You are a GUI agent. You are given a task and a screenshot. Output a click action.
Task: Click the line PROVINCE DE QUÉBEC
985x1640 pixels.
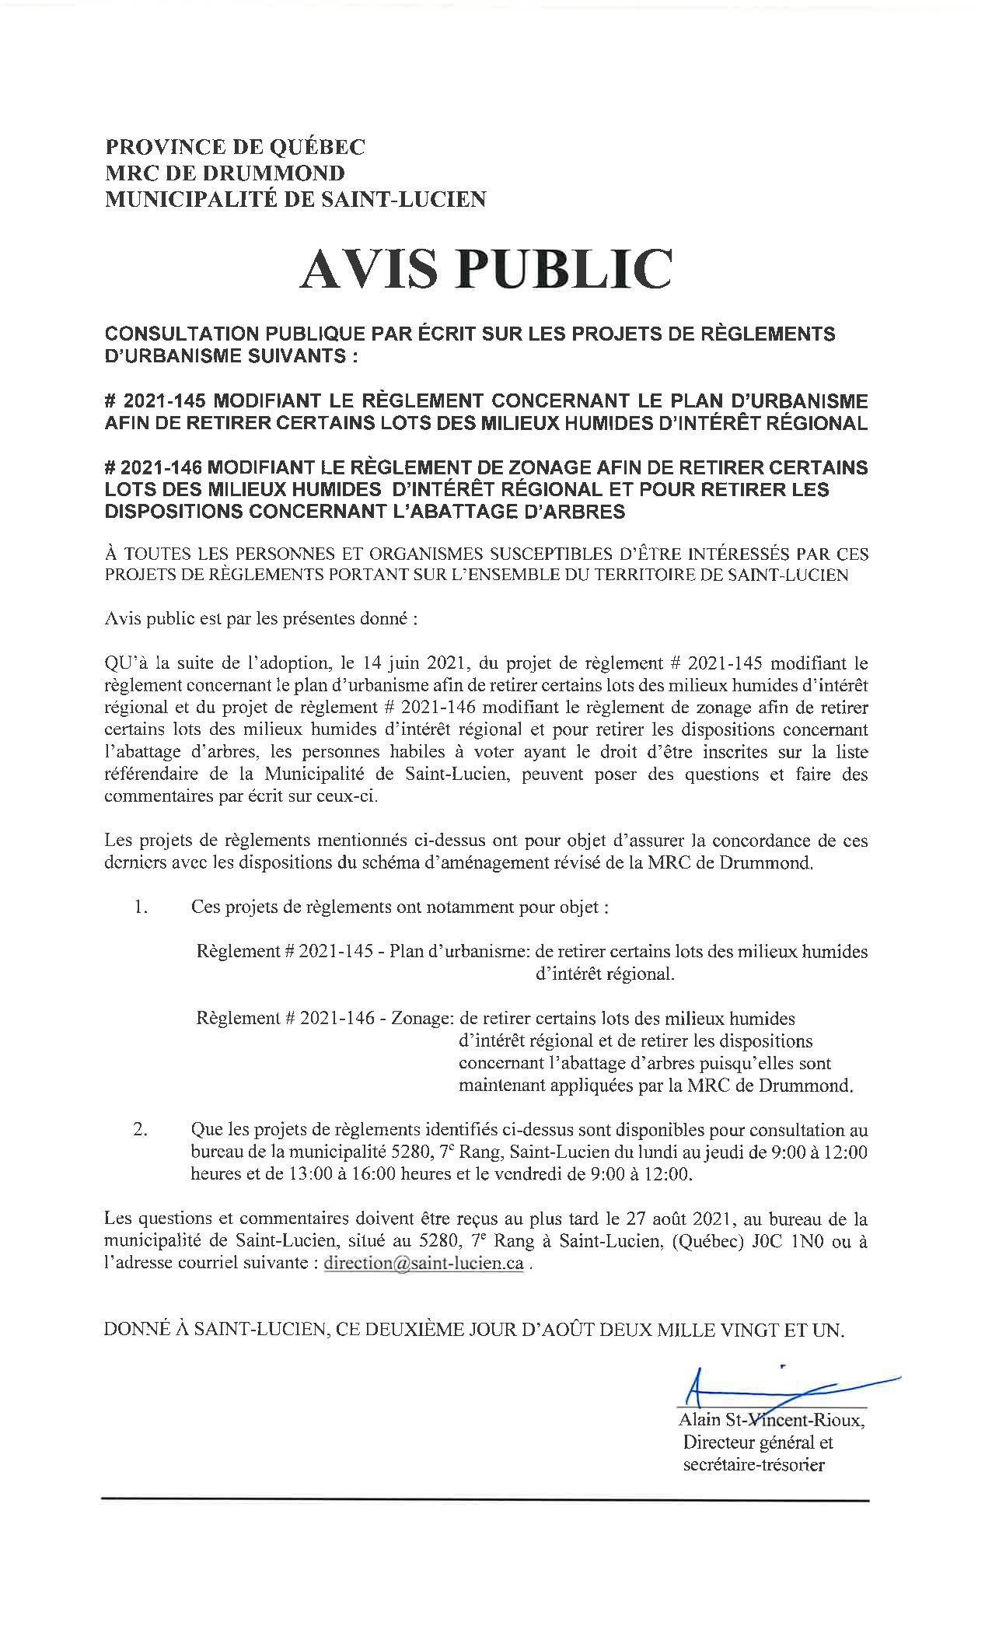point(235,147)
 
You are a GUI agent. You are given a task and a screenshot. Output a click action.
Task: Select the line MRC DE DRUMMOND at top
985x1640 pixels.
point(225,173)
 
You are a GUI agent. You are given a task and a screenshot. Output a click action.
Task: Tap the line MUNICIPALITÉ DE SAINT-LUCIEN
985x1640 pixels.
point(295,200)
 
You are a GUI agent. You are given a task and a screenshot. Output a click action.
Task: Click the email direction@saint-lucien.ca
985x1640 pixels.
point(424,1264)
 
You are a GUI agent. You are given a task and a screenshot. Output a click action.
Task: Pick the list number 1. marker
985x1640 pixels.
point(141,907)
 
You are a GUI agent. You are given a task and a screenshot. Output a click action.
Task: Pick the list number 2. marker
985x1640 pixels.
point(141,1130)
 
